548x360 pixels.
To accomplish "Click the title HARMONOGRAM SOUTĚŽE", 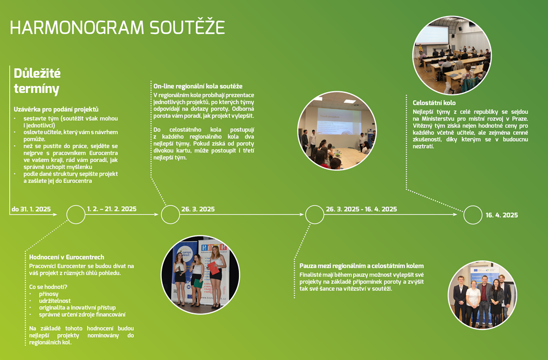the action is click(117, 27).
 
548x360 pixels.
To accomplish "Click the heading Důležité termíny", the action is click(37, 81).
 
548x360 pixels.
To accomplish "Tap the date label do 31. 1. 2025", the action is click(31, 209).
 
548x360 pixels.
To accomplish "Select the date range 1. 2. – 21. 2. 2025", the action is click(112, 209).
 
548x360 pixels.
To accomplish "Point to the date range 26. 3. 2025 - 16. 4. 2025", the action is click(361, 209).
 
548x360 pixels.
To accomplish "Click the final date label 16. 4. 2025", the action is click(502, 215).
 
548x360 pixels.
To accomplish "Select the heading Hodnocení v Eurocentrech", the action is click(67, 257).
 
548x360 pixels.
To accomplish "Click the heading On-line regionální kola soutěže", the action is click(198, 86).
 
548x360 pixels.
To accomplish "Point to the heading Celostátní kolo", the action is click(434, 103).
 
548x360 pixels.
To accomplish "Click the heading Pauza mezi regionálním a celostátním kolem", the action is click(361, 266).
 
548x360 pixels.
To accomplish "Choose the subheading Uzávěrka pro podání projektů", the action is click(56, 109).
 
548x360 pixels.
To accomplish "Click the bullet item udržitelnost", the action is click(55, 301).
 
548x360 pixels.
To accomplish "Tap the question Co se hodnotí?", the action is click(48, 287).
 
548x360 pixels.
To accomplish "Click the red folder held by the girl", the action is click(214, 268).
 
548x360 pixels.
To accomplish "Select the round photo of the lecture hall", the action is click(452, 55).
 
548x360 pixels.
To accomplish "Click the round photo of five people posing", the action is click(482, 295).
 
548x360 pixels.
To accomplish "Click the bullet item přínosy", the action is click(49, 294).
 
